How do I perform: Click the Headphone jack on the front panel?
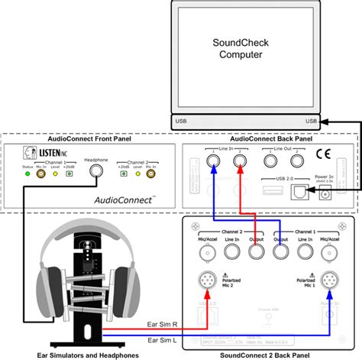coord(96,174)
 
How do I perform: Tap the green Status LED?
coord(27,174)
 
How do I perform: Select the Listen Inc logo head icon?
coord(28,153)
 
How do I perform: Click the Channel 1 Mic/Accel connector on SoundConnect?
coord(329,247)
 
